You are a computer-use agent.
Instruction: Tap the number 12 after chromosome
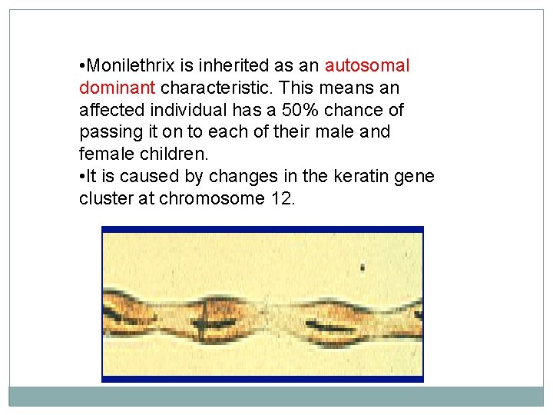pos(281,198)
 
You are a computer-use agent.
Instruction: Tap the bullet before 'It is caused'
pos(81,178)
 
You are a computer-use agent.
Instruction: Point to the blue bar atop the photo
pos(263,229)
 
